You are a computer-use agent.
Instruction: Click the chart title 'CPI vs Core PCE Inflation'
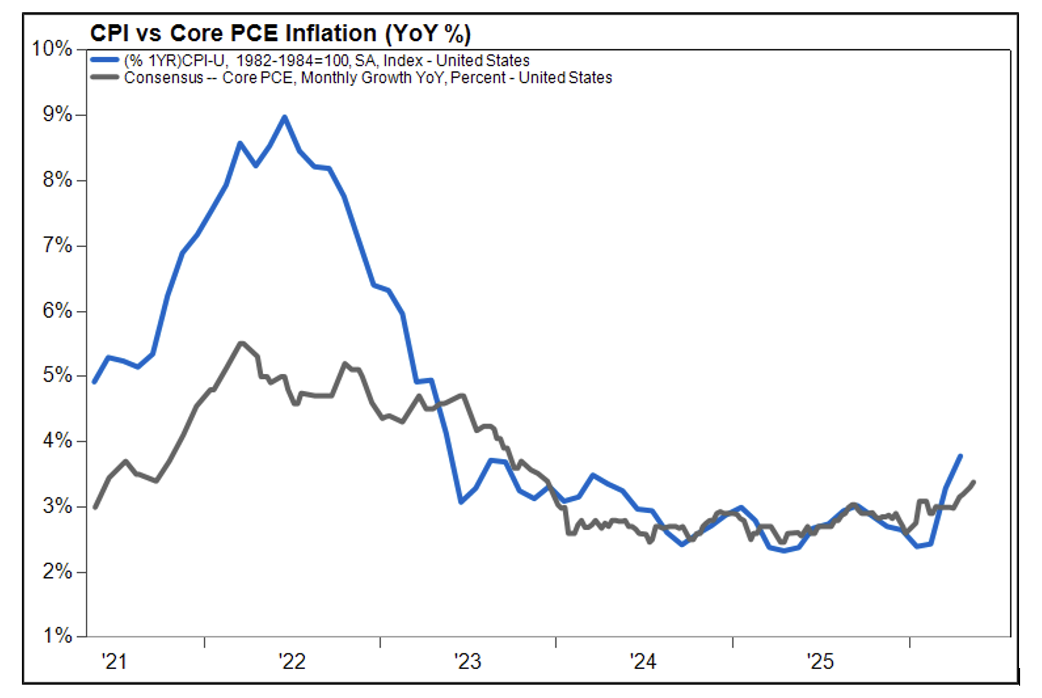(234, 33)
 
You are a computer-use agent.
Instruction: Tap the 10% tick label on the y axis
(52, 49)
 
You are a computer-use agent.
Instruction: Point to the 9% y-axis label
(57, 114)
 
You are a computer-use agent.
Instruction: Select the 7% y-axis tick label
(57, 245)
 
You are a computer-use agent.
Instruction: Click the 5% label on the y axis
(57, 375)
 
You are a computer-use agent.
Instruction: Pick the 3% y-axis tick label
(57, 506)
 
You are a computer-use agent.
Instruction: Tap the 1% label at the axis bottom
(57, 636)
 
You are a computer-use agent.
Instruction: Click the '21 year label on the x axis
(114, 661)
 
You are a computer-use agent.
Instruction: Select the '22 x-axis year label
(292, 661)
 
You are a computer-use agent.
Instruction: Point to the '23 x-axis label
(468, 661)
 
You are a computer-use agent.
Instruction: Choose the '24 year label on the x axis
(643, 661)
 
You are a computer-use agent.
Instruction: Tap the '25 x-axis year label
(820, 661)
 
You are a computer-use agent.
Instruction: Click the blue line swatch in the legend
(105, 60)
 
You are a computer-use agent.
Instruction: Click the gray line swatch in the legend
(105, 77)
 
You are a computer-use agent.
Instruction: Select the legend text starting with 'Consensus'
(368, 77)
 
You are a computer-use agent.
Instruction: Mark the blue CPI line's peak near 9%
(285, 117)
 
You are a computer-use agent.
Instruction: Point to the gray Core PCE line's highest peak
(241, 343)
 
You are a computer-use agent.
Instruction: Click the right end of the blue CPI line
(960, 455)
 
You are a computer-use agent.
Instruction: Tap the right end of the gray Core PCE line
(974, 482)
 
